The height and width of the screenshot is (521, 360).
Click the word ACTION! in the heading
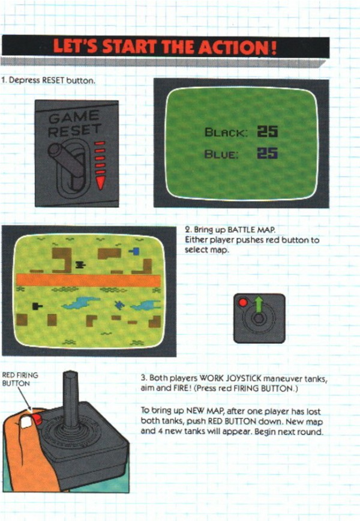(238, 47)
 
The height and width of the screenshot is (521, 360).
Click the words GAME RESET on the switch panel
(74, 123)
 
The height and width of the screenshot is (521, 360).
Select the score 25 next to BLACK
(268, 131)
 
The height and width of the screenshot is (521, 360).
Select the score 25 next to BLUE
(268, 153)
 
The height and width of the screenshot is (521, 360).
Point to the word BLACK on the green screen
(226, 132)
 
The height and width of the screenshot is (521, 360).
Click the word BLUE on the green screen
(221, 154)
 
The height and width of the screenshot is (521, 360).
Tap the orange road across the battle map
(89, 280)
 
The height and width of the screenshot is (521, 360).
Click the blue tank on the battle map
(135, 251)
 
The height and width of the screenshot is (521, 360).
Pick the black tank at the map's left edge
(37, 306)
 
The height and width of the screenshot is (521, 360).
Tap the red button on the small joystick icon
(243, 303)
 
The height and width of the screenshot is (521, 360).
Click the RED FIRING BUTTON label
(20, 379)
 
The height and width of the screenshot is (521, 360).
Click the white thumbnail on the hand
(26, 422)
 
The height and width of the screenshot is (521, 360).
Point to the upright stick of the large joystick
(70, 400)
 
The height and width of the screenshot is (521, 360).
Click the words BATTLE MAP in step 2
(251, 230)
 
